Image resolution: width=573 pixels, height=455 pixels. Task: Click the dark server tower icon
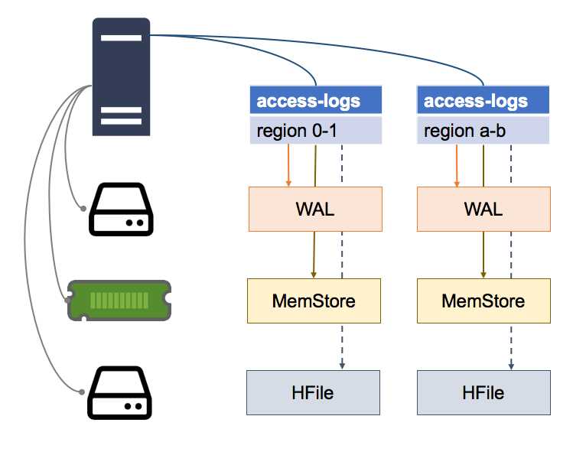click(121, 76)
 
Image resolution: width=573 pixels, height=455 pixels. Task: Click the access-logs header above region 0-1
click(315, 101)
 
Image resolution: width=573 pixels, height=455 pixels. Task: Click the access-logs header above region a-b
click(483, 101)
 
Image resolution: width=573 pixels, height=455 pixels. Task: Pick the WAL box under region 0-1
click(315, 209)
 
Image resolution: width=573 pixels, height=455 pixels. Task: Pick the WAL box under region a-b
click(483, 209)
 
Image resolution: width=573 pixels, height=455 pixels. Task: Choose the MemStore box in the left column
click(314, 301)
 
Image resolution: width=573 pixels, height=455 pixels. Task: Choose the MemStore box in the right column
click(483, 301)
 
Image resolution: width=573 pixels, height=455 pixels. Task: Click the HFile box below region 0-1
click(313, 392)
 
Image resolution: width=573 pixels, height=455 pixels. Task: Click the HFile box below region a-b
click(483, 392)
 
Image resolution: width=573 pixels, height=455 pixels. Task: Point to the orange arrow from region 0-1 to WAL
click(288, 164)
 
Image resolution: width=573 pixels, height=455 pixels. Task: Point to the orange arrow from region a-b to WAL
click(457, 164)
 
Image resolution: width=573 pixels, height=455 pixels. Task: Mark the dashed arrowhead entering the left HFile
click(342, 366)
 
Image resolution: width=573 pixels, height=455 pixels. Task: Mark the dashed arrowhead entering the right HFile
click(510, 366)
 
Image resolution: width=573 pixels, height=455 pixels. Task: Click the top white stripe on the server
click(121, 38)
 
